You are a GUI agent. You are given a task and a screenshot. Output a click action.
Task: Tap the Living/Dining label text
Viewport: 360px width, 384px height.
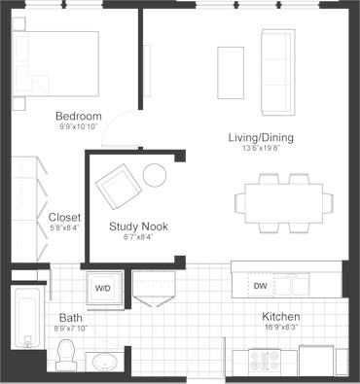point(261,137)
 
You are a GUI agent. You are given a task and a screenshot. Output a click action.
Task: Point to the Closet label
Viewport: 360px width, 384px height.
point(64,217)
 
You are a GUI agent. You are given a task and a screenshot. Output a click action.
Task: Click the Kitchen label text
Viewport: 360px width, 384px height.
point(280,317)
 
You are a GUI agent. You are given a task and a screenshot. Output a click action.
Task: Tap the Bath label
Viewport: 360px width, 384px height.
point(70,317)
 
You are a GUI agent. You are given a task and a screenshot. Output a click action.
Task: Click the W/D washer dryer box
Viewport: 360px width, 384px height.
point(103,288)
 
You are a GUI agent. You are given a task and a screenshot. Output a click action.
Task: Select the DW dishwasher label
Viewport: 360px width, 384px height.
point(260,286)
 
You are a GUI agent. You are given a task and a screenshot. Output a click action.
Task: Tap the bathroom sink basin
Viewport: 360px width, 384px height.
point(103,364)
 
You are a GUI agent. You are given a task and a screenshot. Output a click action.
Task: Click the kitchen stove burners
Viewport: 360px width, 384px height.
point(265,361)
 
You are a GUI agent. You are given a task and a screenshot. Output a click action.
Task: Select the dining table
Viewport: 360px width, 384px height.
point(283,200)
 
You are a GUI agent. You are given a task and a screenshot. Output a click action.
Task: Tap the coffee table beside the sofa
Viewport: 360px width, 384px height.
point(231,72)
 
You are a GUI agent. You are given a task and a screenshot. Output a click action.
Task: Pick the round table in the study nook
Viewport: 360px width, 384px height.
point(156,175)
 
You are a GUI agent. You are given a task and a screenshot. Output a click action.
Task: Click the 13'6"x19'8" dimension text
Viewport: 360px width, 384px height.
point(261,150)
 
